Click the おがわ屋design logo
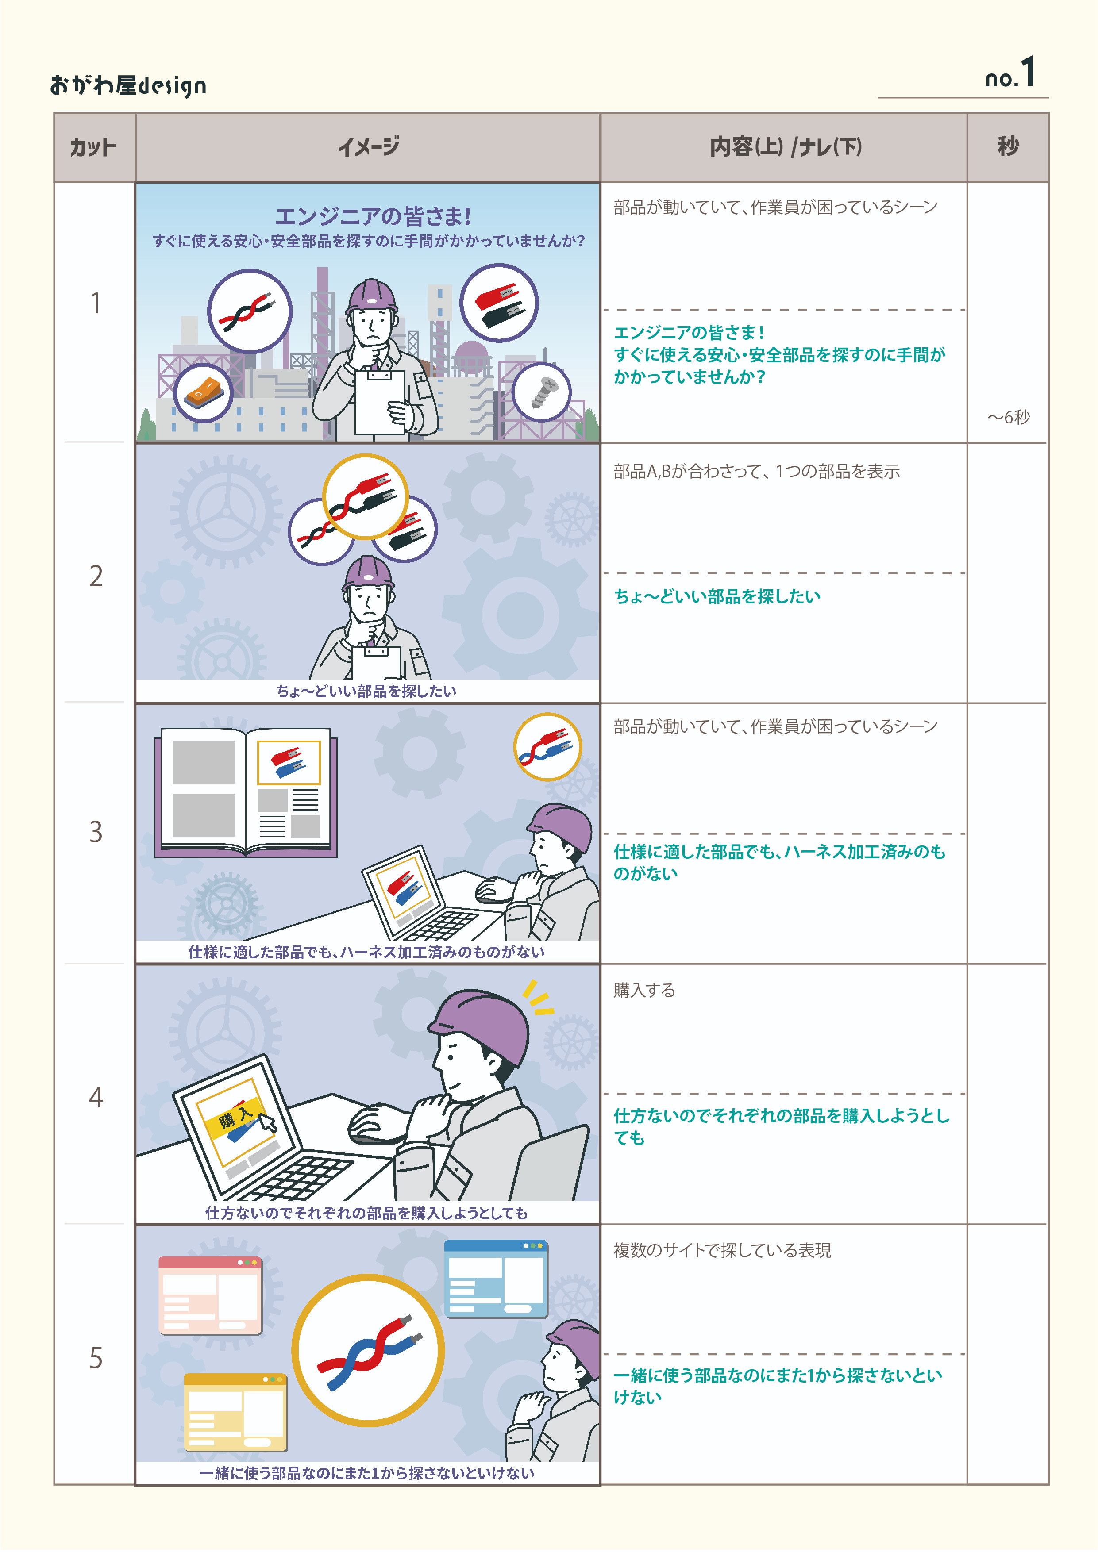pyautogui.click(x=128, y=85)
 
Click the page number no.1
pyautogui.click(x=1010, y=74)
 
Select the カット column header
pyautogui.click(x=93, y=147)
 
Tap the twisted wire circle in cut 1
pyautogui.click(x=250, y=311)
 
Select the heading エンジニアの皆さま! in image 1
pyautogui.click(x=373, y=216)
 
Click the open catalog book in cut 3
pyautogui.click(x=246, y=792)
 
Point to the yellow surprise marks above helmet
pyautogui.click(x=538, y=998)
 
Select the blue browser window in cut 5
pyautogui.click(x=496, y=1278)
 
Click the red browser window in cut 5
pyautogui.click(x=210, y=1295)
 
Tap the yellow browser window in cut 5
pyautogui.click(x=235, y=1411)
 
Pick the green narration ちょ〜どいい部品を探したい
pyautogui.click(x=717, y=596)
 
